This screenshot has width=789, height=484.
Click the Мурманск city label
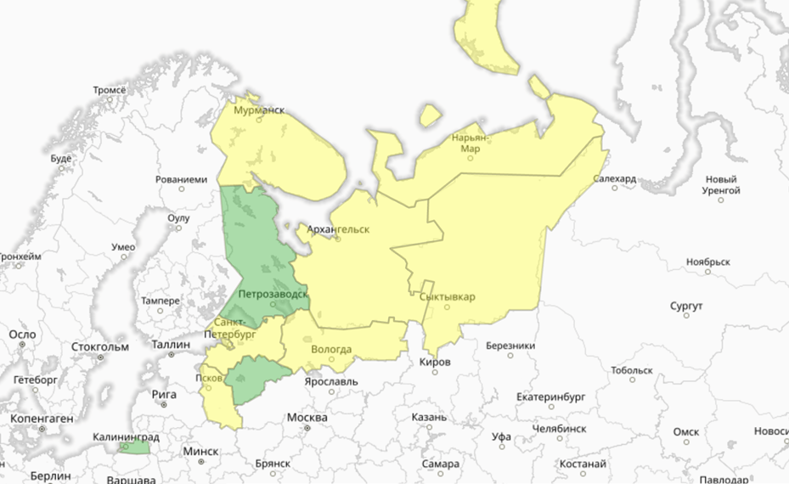(x=259, y=111)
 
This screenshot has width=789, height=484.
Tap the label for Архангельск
(x=339, y=229)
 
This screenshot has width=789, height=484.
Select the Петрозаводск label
(x=273, y=295)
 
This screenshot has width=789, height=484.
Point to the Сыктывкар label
(x=448, y=296)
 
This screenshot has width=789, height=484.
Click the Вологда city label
(x=331, y=349)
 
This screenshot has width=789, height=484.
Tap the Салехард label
(x=614, y=179)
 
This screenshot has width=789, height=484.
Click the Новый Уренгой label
(x=723, y=185)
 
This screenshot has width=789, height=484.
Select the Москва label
(x=307, y=418)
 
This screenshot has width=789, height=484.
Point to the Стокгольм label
(x=100, y=346)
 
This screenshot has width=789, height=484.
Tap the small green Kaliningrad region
(x=134, y=447)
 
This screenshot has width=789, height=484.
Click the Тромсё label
(x=109, y=90)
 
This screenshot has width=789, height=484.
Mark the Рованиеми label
(x=182, y=180)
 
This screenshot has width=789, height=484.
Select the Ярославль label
(x=331, y=381)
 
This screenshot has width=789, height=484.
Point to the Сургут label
(x=686, y=305)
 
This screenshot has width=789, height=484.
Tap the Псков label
(x=208, y=377)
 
